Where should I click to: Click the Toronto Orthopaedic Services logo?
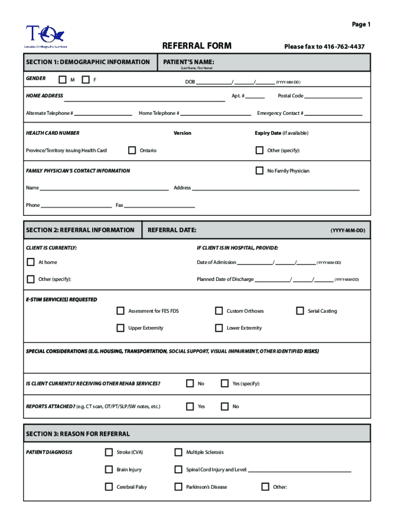45,37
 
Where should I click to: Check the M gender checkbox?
62,79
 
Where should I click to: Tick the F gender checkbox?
85,79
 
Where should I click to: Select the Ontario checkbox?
132,150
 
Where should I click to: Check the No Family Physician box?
259,171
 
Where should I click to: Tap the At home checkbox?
31,262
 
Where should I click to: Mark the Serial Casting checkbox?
300,311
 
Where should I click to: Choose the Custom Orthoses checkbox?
219,311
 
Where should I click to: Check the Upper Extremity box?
120,328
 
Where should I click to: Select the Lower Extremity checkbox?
219,328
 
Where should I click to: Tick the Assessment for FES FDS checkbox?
120,311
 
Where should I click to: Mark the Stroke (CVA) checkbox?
109,452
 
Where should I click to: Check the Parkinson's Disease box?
178,487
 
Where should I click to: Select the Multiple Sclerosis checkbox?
178,452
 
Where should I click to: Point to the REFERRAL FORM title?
196,46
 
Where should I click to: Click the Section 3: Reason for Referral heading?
78,434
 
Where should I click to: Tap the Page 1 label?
361,25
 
